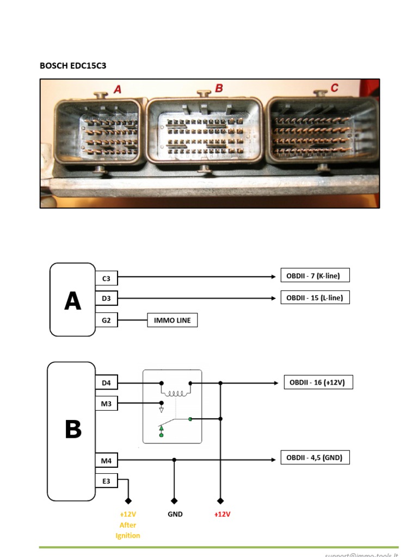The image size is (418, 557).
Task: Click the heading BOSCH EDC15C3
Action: (72, 66)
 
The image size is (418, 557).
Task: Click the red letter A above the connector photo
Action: (118, 90)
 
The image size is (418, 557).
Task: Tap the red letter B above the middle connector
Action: (219, 88)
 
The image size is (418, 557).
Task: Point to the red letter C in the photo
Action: (334, 88)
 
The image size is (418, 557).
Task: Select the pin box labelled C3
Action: (106, 278)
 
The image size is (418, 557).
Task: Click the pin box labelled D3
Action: (106, 299)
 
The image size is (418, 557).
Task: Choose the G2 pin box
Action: (106, 320)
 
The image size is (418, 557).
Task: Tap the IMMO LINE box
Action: (172, 320)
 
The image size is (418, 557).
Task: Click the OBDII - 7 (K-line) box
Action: (315, 276)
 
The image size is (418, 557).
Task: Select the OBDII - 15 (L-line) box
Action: (315, 298)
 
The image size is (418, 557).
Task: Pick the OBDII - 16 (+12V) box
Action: (318, 382)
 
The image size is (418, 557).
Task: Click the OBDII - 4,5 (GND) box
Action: (315, 457)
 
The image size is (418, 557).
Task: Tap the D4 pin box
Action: (106, 383)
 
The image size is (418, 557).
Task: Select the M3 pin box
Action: (106, 403)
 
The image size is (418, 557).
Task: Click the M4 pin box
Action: (106, 461)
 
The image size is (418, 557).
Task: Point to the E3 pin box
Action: (106, 481)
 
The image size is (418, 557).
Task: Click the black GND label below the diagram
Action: (175, 514)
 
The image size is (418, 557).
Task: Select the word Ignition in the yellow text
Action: (128, 536)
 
